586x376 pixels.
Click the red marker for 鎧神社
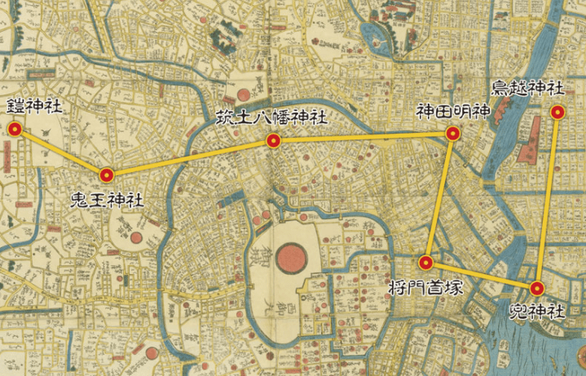click(x=14, y=129)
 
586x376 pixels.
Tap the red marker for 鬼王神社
click(x=106, y=174)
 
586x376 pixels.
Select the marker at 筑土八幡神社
click(x=274, y=141)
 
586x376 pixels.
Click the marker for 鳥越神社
click(x=557, y=113)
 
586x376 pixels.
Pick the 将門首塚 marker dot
click(x=425, y=263)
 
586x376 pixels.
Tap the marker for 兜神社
click(x=537, y=288)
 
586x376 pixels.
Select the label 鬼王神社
click(x=107, y=199)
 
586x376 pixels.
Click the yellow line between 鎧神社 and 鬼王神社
click(x=59, y=151)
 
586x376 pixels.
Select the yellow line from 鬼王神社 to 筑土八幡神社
click(x=190, y=157)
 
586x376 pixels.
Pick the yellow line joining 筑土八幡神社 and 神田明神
click(x=363, y=138)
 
